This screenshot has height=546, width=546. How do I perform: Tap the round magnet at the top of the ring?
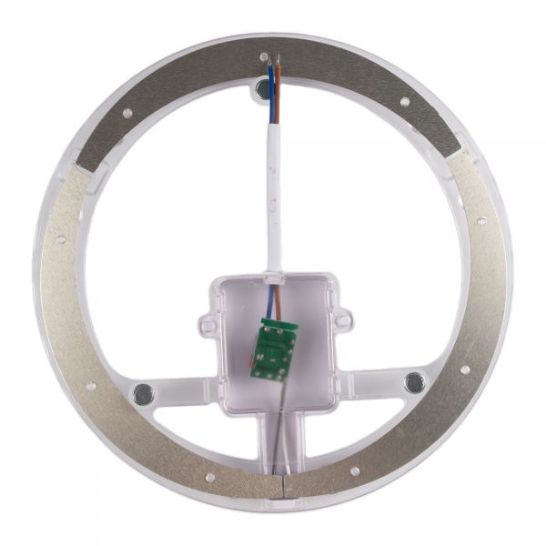pyautogui.click(x=264, y=89)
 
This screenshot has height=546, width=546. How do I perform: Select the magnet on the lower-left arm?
pyautogui.click(x=143, y=393)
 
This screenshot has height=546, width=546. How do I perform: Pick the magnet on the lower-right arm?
pyautogui.click(x=414, y=381)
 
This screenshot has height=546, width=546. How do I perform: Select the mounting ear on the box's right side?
pyautogui.click(x=343, y=318)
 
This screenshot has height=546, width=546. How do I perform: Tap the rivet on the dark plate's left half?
pyautogui.click(x=127, y=114)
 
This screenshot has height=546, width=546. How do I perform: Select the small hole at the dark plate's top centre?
pyautogui.click(x=265, y=57)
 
